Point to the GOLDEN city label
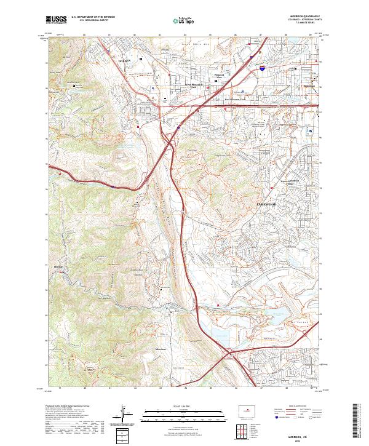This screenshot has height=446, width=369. [x=125, y=62]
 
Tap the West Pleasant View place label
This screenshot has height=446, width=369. [x=194, y=87]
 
